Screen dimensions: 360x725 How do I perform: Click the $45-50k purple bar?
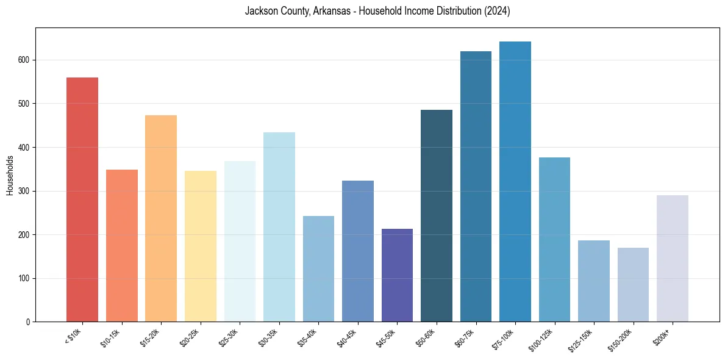pos(397,275)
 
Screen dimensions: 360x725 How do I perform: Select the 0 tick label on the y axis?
pos(28,322)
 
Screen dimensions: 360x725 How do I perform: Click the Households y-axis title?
pos(10,175)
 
